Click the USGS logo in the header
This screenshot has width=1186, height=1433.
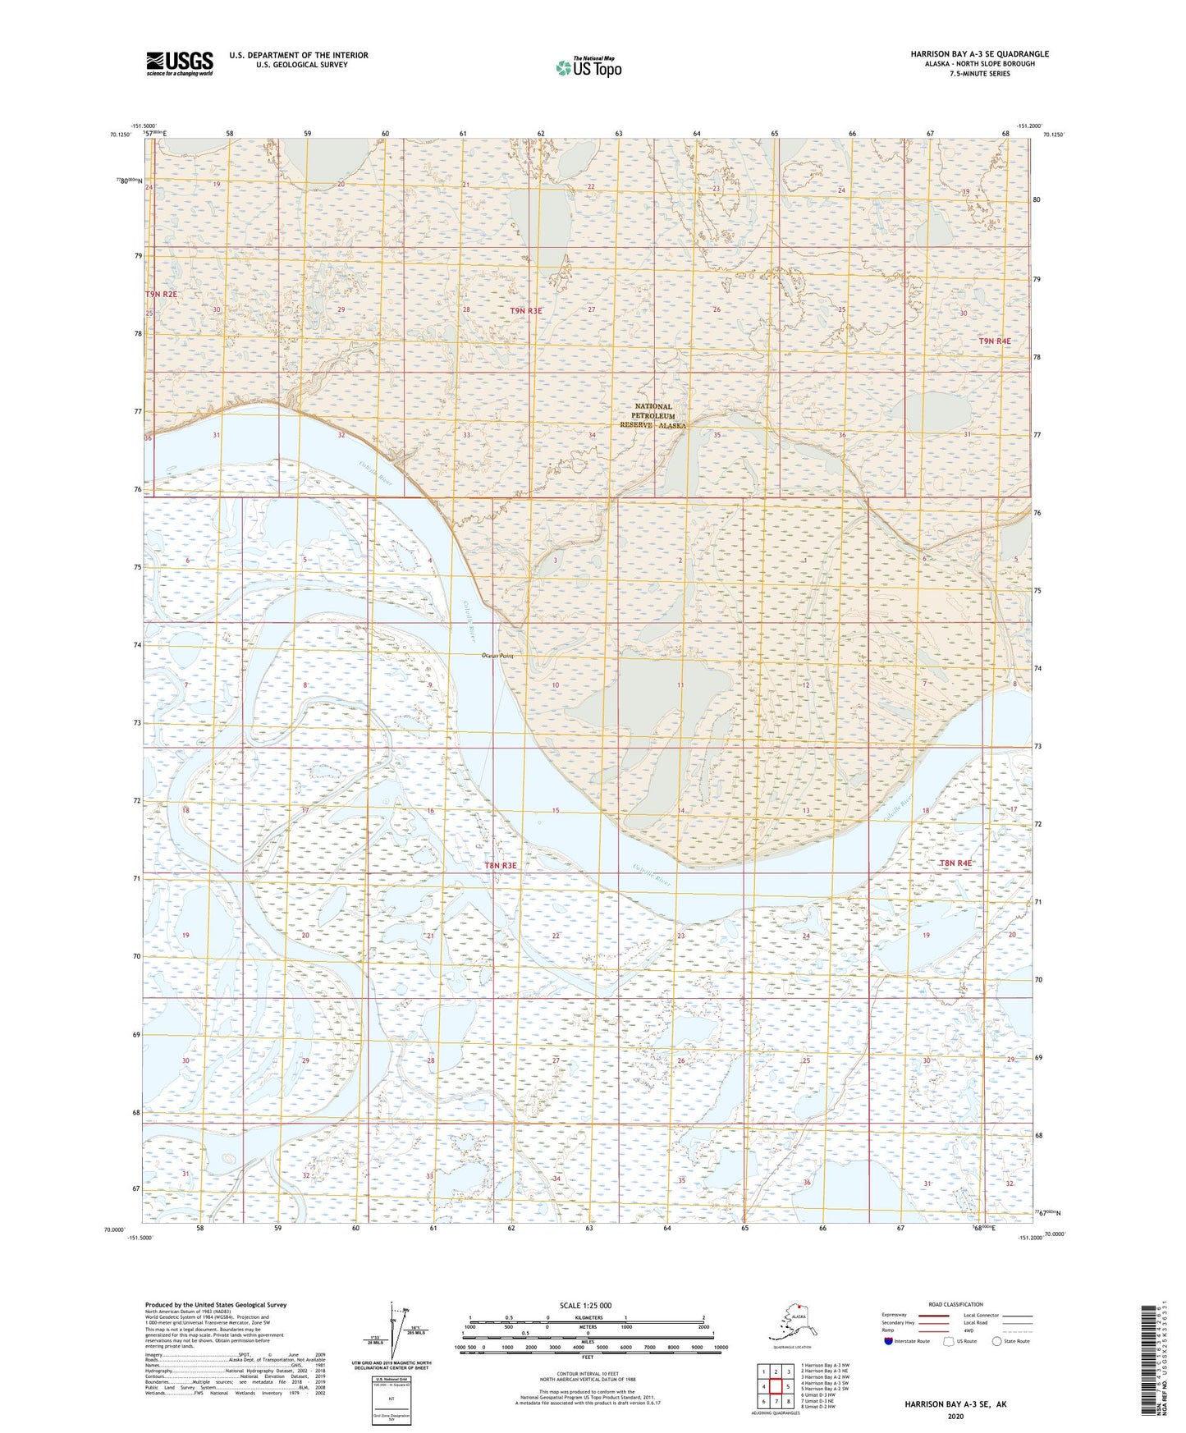pyautogui.click(x=180, y=63)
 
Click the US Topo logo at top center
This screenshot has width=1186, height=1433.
pyautogui.click(x=588, y=66)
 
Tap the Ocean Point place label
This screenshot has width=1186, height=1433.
pyautogui.click(x=497, y=656)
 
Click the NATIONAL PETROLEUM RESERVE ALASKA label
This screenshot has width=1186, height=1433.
pyautogui.click(x=653, y=416)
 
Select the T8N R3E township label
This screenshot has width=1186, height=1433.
pyautogui.click(x=501, y=865)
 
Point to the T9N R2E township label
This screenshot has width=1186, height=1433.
pyautogui.click(x=161, y=294)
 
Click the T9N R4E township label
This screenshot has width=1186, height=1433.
pyautogui.click(x=994, y=341)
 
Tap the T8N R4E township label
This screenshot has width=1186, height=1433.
pyautogui.click(x=955, y=863)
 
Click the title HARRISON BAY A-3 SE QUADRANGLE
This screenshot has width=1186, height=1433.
pyautogui.click(x=979, y=54)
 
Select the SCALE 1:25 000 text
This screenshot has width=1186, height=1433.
pyautogui.click(x=587, y=1305)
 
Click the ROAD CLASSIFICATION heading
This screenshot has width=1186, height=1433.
pyautogui.click(x=955, y=1304)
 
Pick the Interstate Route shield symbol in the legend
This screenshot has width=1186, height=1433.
pyautogui.click(x=889, y=1341)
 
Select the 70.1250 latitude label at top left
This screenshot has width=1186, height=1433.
pyautogui.click(x=118, y=135)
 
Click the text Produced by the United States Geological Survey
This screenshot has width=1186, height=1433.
pyautogui.click(x=216, y=1304)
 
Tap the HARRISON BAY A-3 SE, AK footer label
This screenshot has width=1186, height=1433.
pyautogui.click(x=955, y=1404)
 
